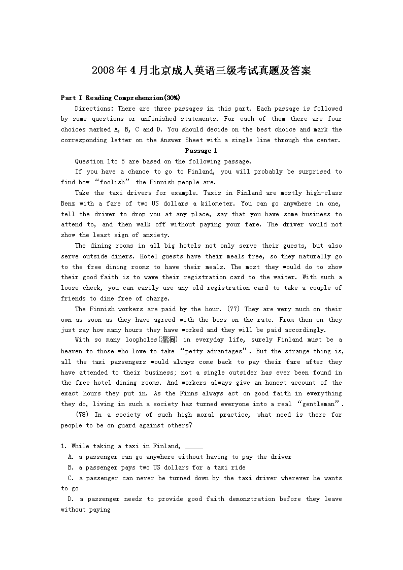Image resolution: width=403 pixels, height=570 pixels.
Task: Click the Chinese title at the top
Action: click(x=201, y=71)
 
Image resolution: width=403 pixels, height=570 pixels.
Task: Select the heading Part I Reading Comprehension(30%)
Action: click(x=120, y=98)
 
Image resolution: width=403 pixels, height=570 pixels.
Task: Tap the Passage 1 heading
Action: click(x=201, y=151)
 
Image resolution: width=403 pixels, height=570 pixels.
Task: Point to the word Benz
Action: click(x=69, y=204)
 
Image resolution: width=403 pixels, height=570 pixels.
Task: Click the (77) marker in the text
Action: click(x=233, y=309)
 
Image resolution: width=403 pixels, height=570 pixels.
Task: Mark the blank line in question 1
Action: click(x=194, y=447)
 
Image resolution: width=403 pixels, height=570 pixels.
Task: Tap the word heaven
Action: click(x=72, y=351)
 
